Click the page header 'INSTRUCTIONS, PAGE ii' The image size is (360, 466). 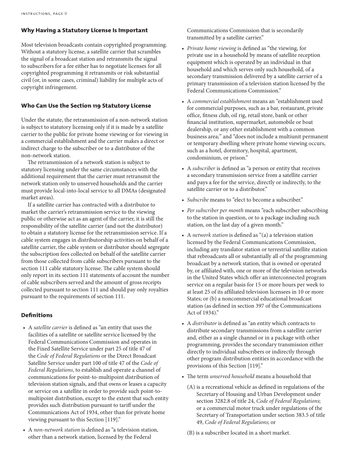44,14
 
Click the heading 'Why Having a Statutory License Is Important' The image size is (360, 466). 84,30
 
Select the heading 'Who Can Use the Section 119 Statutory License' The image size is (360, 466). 86,106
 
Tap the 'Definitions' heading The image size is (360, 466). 37,315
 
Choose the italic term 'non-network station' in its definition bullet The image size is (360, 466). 57,430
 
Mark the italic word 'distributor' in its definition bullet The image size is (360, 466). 205,323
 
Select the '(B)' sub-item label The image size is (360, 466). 191,433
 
